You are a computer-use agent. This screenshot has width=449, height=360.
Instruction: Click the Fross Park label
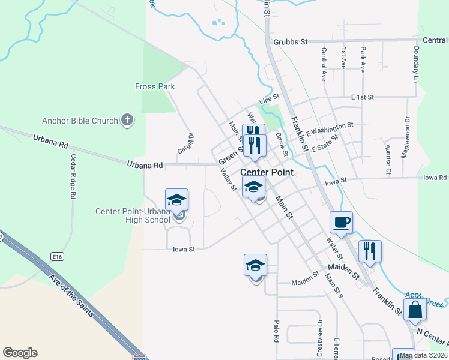155,86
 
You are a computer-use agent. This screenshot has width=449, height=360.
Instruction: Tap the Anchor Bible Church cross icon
127,121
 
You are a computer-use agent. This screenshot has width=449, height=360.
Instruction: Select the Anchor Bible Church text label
79,121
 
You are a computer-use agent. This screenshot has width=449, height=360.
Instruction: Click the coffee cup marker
341,223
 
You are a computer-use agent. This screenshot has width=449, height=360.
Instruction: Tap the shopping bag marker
415,311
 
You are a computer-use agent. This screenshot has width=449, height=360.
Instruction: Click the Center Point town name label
267,172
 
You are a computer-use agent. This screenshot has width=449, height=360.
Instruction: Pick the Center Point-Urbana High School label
133,215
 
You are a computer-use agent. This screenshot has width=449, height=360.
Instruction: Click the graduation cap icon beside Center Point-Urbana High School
177,200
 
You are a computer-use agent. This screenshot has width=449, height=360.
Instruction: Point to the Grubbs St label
290,41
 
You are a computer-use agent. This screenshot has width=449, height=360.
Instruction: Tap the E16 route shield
58,257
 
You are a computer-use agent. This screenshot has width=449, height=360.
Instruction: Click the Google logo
20,353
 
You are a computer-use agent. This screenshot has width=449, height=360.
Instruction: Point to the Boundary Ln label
415,64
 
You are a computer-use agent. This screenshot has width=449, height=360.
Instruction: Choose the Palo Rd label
277,331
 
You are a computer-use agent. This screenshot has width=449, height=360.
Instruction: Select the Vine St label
269,97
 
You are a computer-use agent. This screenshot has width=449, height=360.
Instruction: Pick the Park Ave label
363,60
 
